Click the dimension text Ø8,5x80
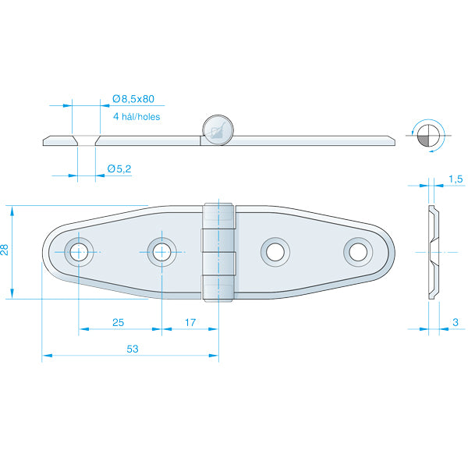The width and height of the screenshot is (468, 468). [133, 99]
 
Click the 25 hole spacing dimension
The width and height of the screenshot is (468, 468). [119, 322]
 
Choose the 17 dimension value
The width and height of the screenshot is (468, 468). [190, 322]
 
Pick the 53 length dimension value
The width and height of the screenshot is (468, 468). [131, 349]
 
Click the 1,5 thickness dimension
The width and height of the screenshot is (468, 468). [456, 180]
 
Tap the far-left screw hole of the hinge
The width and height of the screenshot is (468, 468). [78, 251]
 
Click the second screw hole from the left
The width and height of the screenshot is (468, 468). [161, 251]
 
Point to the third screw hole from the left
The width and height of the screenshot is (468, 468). [275, 251]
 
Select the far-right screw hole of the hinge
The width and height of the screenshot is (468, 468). [358, 251]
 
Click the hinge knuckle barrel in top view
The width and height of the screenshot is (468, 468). [219, 252]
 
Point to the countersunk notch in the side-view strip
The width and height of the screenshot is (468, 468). [85, 140]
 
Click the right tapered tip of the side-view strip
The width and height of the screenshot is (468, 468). [390, 140]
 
